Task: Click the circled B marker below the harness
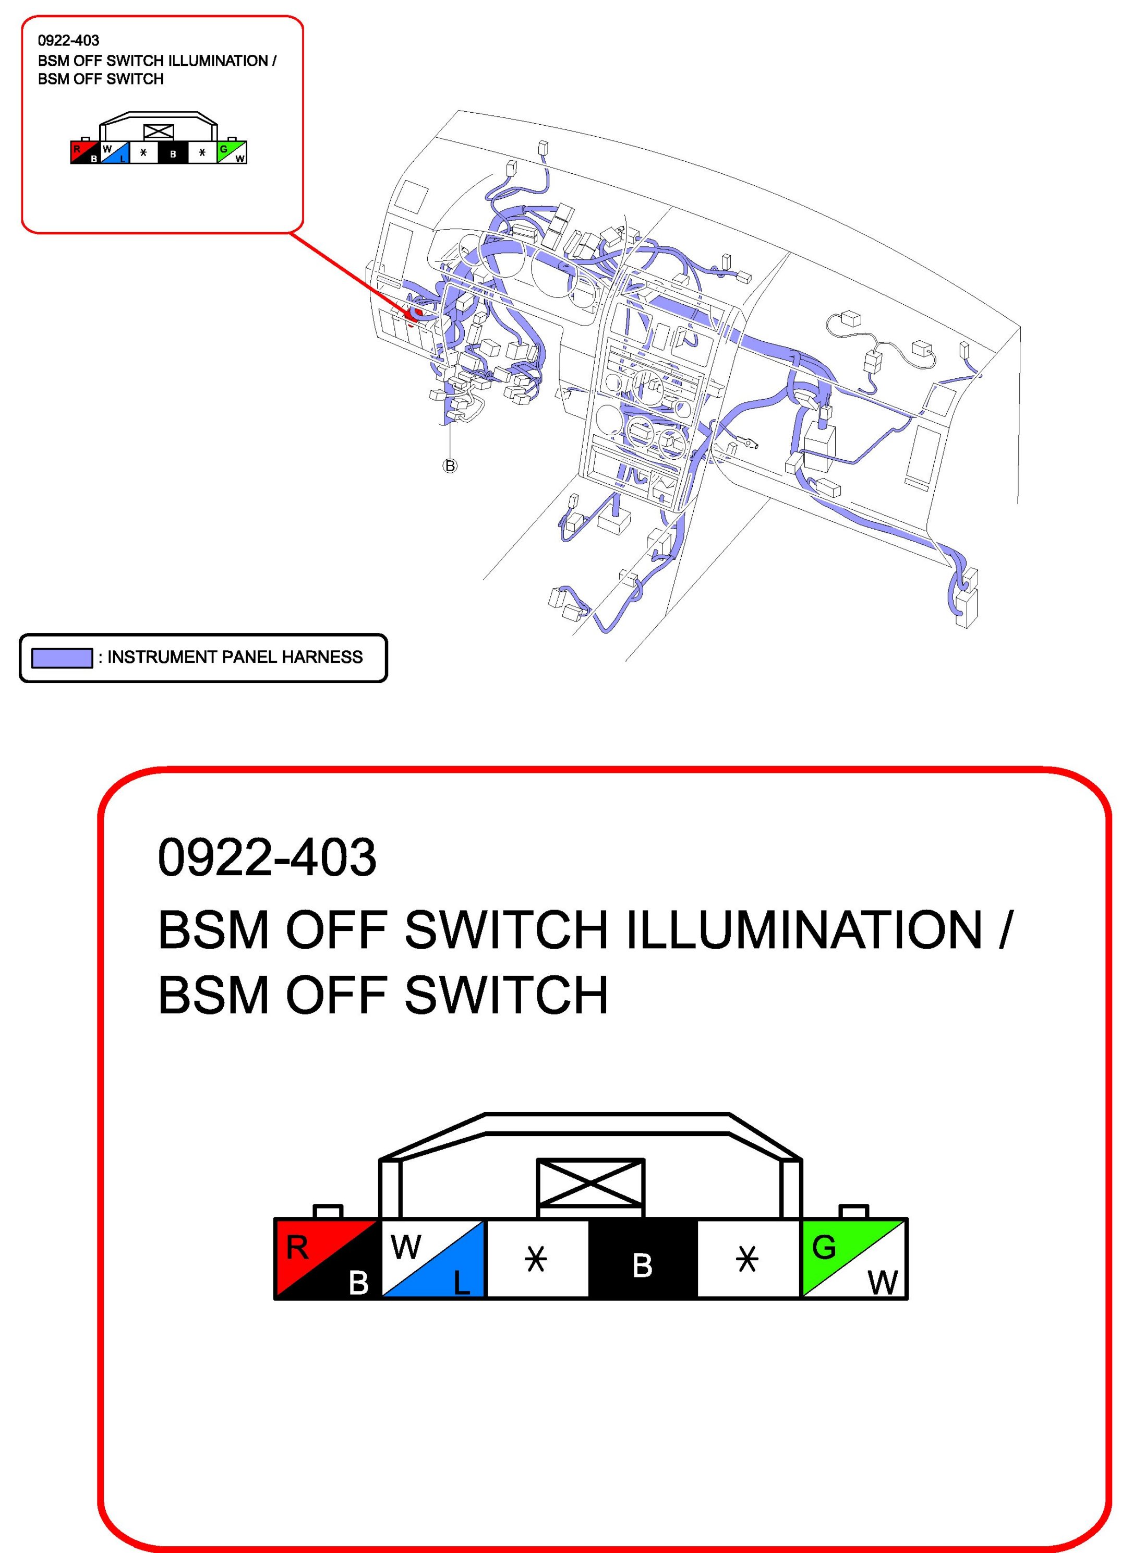click(449, 467)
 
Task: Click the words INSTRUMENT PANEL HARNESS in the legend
click(235, 657)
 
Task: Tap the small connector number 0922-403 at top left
click(68, 41)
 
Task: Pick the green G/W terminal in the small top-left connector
click(232, 153)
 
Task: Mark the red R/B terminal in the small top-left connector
click(85, 153)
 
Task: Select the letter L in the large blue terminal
click(462, 1281)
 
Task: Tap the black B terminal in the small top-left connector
click(173, 153)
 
